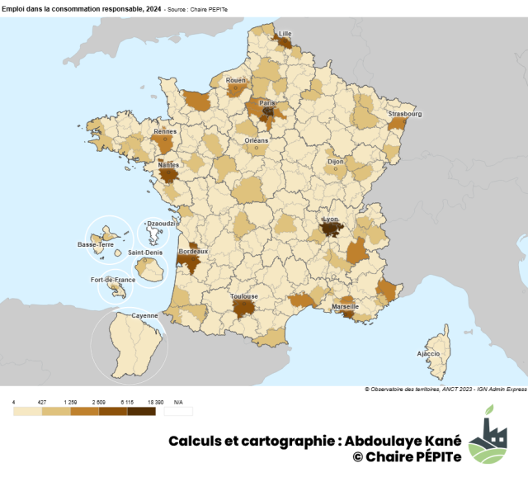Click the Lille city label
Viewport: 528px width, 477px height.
[x=285, y=34]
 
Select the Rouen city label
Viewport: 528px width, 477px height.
[x=236, y=80]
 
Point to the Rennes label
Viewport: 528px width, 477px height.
[x=165, y=131]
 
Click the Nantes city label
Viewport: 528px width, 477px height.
[x=168, y=164]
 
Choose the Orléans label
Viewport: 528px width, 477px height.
[x=257, y=140]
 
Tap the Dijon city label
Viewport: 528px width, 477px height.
[x=335, y=162]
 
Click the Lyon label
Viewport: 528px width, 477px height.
[x=331, y=220]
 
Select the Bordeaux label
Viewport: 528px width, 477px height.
[x=193, y=251]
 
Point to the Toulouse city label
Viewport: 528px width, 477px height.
[x=244, y=296]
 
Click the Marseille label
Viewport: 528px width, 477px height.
[x=345, y=306]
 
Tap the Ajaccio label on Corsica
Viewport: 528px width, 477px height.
[x=428, y=353]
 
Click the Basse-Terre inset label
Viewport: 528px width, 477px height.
[x=96, y=244]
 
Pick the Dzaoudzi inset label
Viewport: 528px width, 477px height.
[x=157, y=223]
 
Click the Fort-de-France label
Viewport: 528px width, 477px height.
[x=113, y=280]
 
